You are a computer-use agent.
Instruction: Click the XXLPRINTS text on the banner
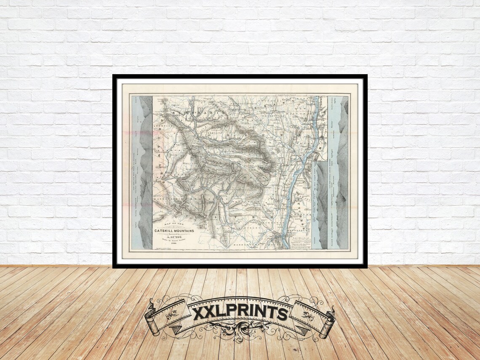coord(240,312)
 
